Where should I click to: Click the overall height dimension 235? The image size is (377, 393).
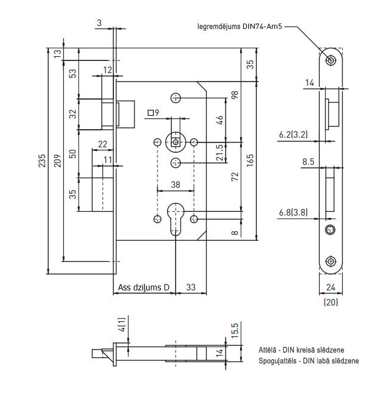[41, 162]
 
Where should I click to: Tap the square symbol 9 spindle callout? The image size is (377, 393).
[153, 113]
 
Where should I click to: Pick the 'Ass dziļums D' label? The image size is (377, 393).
[144, 287]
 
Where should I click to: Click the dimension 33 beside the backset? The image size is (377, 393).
[190, 287]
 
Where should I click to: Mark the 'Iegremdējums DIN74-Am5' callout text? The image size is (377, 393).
[239, 27]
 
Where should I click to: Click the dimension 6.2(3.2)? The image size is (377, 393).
[293, 135]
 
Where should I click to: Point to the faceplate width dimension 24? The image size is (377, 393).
[331, 288]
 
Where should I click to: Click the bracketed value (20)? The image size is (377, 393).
[331, 300]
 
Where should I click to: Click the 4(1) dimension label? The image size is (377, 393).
[122, 327]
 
